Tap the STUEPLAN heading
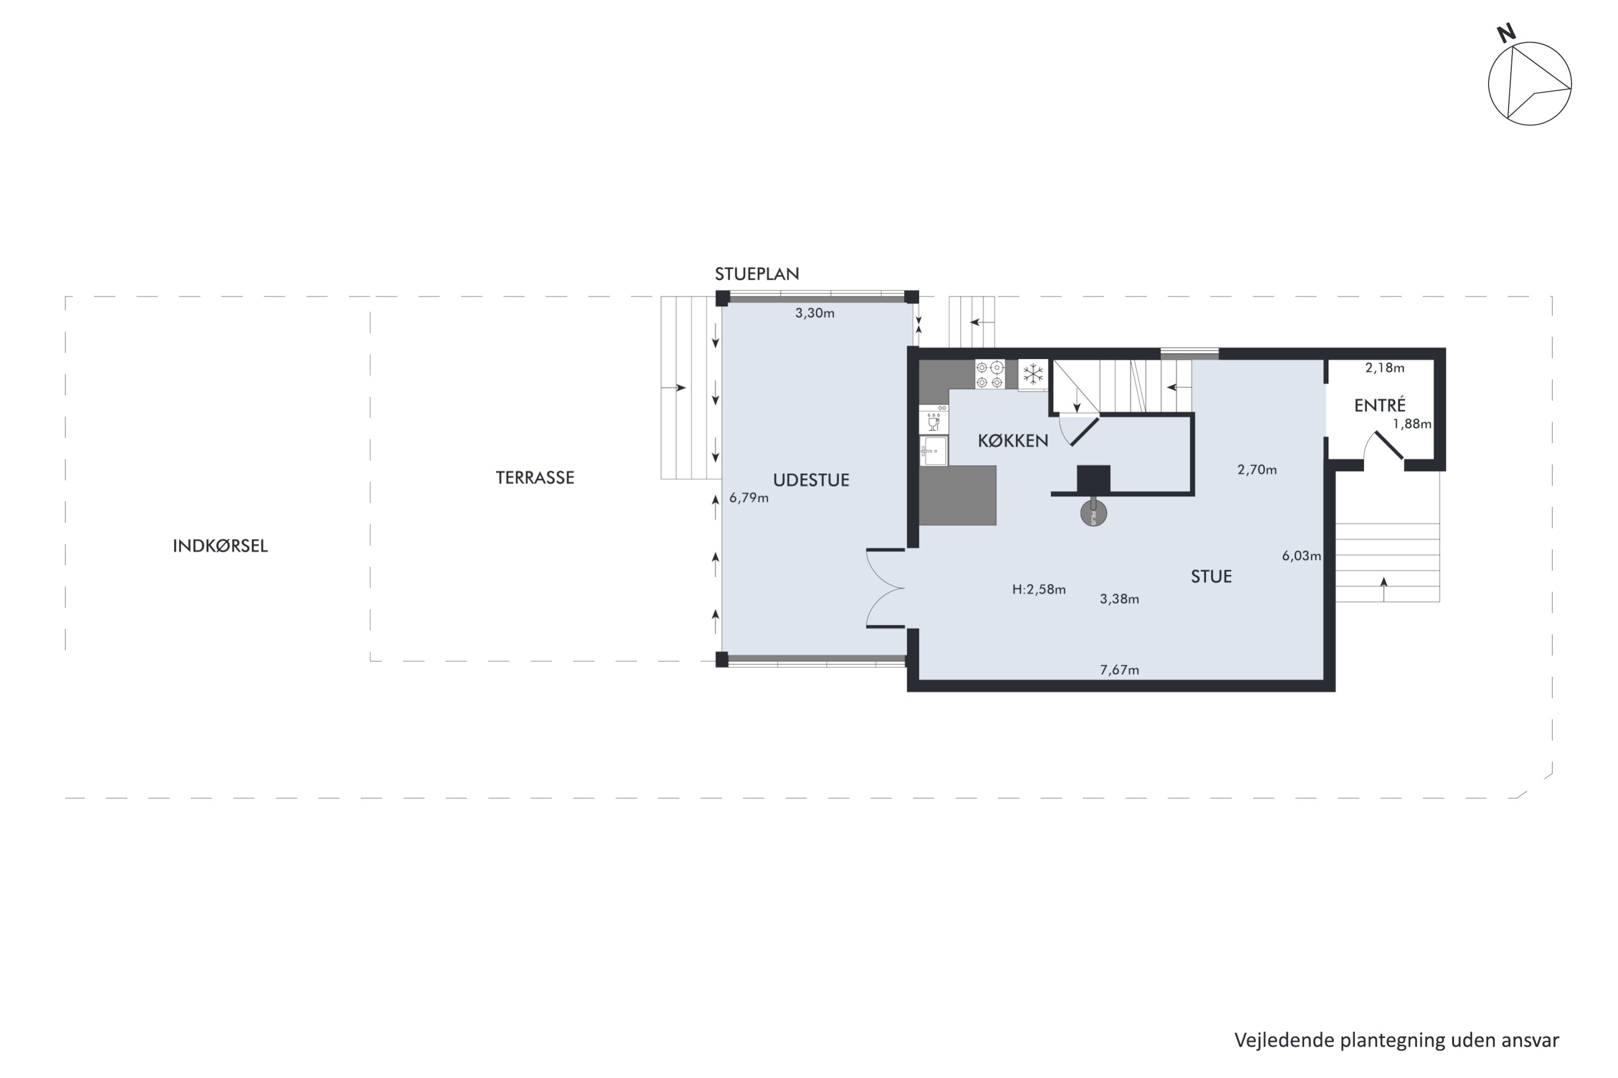tap(757, 274)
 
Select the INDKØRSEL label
tap(220, 546)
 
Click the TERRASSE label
tap(535, 478)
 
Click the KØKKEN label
tap(1013, 441)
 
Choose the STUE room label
tap(1211, 577)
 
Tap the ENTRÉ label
tap(1380, 405)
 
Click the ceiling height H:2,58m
tap(1039, 589)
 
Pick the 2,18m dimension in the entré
tap(1386, 368)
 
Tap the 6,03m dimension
tap(1301, 556)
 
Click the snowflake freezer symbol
tap(1033, 375)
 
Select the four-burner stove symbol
tap(990, 375)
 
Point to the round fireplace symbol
tap(1093, 513)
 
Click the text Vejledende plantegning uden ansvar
tap(1396, 1041)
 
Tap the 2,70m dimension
tap(1258, 470)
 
